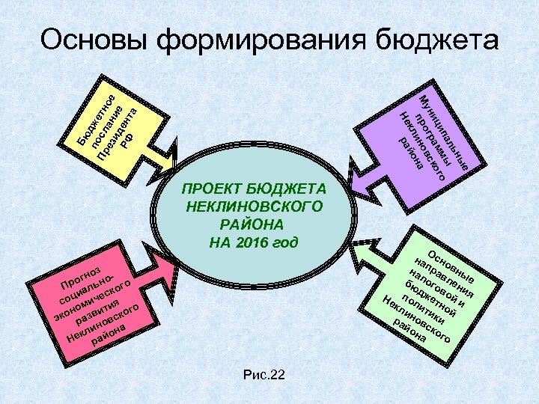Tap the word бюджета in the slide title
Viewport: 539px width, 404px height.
(437, 40)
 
